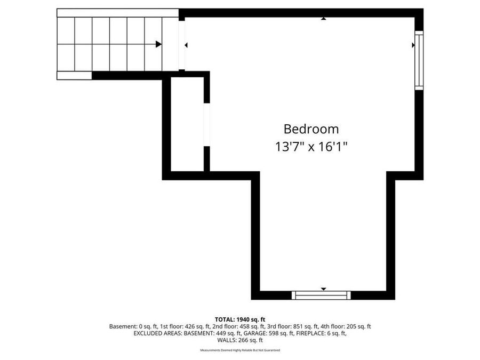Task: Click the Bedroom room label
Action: (x=311, y=129)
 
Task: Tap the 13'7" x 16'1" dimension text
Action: (x=311, y=147)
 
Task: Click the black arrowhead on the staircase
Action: (x=158, y=44)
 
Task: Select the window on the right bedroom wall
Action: (x=419, y=60)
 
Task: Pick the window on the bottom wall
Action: (x=321, y=295)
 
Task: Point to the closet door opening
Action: (x=206, y=125)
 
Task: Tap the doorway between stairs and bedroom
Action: (x=182, y=45)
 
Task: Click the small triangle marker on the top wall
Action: (x=323, y=19)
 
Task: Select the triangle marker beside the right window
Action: (x=413, y=45)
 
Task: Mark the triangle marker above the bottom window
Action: (x=323, y=289)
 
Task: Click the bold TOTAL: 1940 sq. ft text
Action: (x=240, y=319)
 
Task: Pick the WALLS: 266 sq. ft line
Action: (x=240, y=340)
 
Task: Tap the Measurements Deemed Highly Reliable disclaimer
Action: (x=240, y=350)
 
